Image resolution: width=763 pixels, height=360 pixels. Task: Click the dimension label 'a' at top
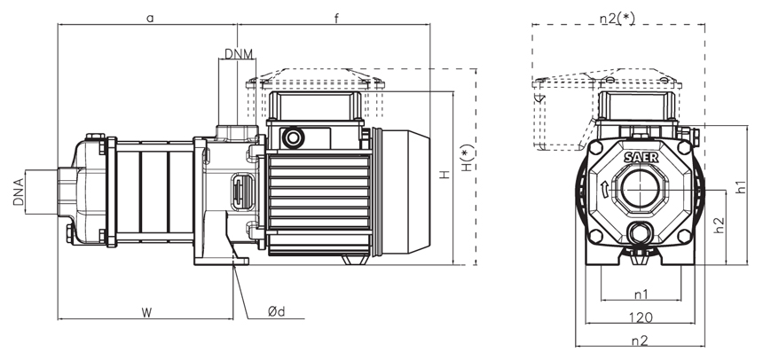coord(150,17)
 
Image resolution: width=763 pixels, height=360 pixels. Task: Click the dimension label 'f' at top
coord(336,17)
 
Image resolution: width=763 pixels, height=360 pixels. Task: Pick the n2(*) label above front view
coord(617,17)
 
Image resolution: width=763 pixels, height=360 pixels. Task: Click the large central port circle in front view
coord(641,190)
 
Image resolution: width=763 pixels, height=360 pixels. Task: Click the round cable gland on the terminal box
coord(292,137)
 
